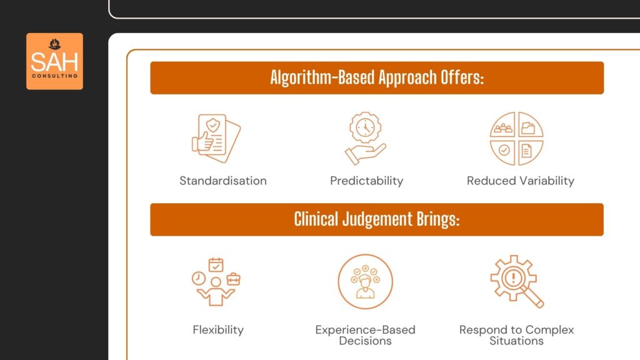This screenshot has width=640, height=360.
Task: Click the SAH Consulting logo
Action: point(54,61)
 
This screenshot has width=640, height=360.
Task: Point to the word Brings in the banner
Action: point(437,219)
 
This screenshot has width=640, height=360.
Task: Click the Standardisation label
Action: point(223,181)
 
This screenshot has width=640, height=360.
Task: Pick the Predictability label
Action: point(367,181)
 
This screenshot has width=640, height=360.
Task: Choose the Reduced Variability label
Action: point(521,181)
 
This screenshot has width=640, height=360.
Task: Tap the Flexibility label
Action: point(218,329)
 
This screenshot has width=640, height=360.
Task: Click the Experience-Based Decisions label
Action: point(366,335)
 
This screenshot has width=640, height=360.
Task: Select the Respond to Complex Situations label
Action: point(517,335)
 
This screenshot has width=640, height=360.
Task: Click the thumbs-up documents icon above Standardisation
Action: point(216,138)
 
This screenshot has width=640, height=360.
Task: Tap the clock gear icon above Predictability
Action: point(365,138)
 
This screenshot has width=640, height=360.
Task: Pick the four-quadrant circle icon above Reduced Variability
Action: point(516,139)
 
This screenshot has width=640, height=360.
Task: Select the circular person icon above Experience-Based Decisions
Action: point(366,281)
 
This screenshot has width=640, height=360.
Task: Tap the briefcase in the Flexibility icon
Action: point(233,279)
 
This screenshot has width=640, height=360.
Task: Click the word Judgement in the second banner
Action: point(381,219)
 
